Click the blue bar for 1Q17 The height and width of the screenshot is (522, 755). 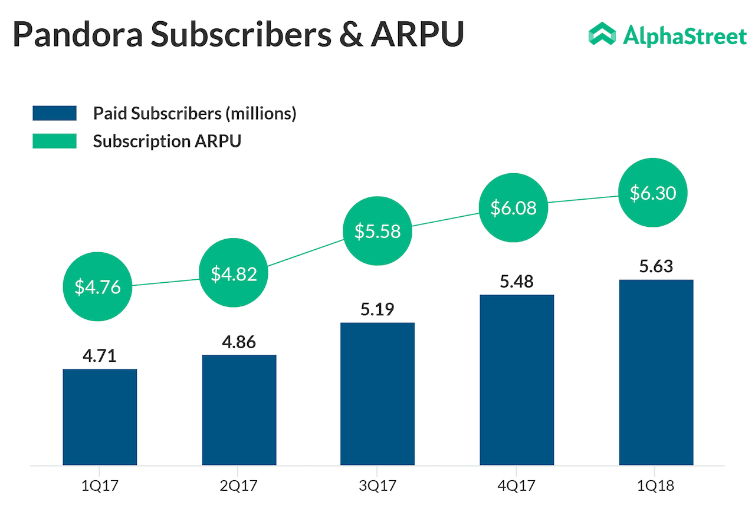coord(100,417)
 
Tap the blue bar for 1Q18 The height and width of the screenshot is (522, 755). coord(656,372)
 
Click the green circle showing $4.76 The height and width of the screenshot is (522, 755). coord(97,286)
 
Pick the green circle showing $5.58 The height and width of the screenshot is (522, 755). coord(377,231)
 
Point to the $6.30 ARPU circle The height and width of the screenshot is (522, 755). coord(652,193)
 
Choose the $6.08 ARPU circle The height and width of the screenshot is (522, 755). coord(513,207)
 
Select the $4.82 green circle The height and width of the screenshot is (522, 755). coord(234,273)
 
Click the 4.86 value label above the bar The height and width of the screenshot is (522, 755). coord(239,342)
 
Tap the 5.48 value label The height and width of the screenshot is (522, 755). coord(517,282)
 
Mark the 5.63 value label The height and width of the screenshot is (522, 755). coord(656,267)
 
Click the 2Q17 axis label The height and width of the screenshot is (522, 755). coord(238,487)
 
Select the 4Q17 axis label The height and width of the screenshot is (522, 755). coord(516,487)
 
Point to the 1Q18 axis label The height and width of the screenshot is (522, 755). coord(655,487)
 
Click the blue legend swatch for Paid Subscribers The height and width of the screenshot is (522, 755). coord(54,113)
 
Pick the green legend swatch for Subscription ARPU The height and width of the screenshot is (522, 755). coord(54,141)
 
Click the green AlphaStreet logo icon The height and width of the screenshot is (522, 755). coord(602,35)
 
